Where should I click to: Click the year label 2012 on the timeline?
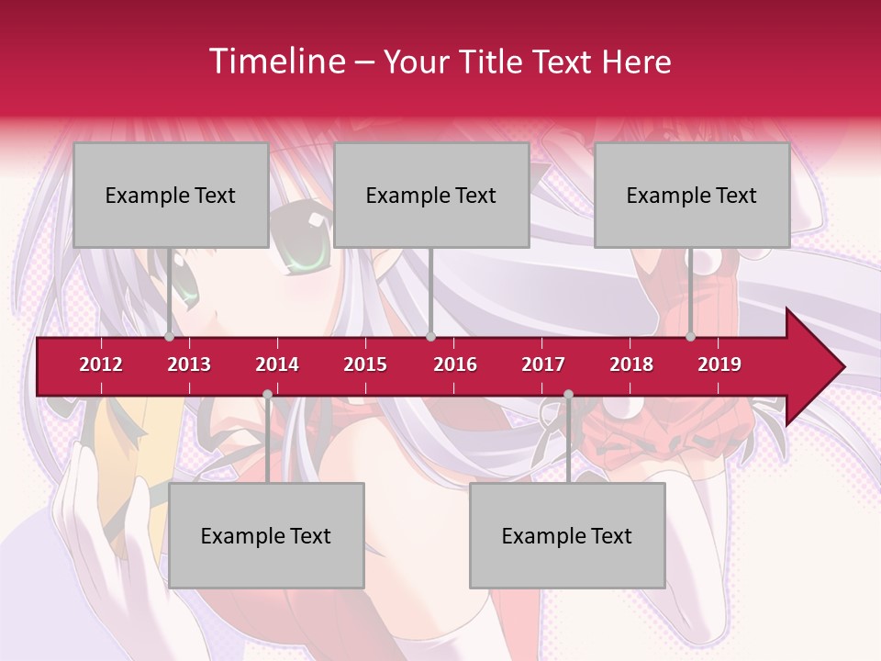[101, 364]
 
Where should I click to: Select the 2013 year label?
[189, 364]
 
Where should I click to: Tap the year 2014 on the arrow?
[277, 364]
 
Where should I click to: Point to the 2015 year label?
[365, 364]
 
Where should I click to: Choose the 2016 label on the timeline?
[455, 364]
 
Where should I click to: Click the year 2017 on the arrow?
[543, 364]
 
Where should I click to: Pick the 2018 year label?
[631, 364]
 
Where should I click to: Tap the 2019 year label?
[719, 364]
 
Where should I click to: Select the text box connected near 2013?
[171, 195]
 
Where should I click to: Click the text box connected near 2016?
[431, 195]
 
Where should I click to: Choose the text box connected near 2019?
[692, 195]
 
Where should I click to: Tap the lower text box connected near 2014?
[266, 535]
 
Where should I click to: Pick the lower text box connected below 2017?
[567, 535]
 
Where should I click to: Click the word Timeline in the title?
[275, 62]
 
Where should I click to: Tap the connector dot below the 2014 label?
[267, 394]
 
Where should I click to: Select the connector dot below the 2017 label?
[568, 394]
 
